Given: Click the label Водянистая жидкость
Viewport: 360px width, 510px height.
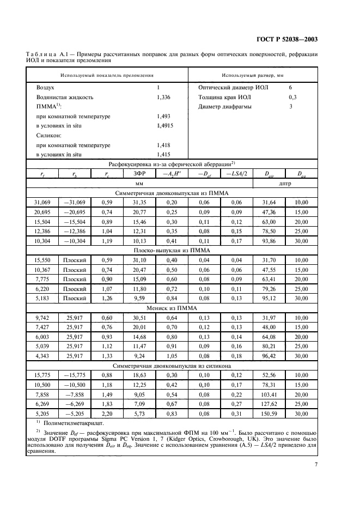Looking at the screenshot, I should click(x=65, y=97).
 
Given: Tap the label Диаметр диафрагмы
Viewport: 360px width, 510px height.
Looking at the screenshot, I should click(x=225, y=107).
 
